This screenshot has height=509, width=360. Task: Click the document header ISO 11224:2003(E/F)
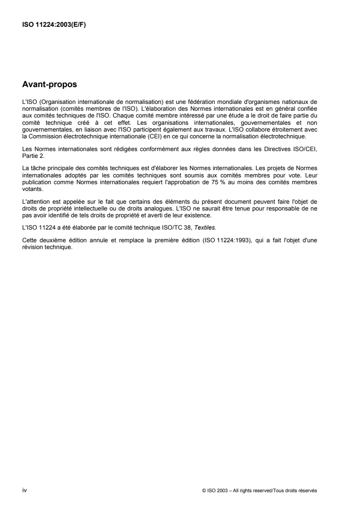coord(54,25)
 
